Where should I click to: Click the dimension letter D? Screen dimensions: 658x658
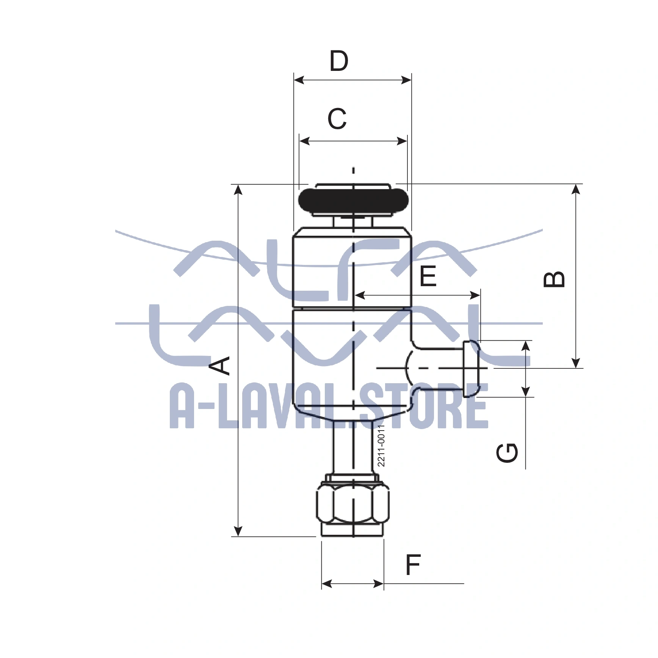(339, 61)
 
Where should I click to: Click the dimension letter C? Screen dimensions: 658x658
(337, 119)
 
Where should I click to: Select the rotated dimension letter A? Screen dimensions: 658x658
(220, 365)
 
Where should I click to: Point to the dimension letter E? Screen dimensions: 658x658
(428, 276)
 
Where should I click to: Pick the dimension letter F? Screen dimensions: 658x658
(413, 565)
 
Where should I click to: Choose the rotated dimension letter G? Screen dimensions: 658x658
(507, 453)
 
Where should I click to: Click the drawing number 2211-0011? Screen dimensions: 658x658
(381, 445)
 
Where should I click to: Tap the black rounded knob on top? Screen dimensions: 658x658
(353, 200)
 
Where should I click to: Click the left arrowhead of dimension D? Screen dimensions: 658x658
(299, 80)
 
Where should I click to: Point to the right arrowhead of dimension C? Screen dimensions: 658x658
(403, 141)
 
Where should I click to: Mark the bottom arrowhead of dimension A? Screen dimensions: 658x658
(238, 531)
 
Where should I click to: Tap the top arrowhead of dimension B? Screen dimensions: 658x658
(576, 189)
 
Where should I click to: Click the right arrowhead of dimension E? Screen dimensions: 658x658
(475, 295)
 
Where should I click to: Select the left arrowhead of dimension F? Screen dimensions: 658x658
(326, 584)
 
